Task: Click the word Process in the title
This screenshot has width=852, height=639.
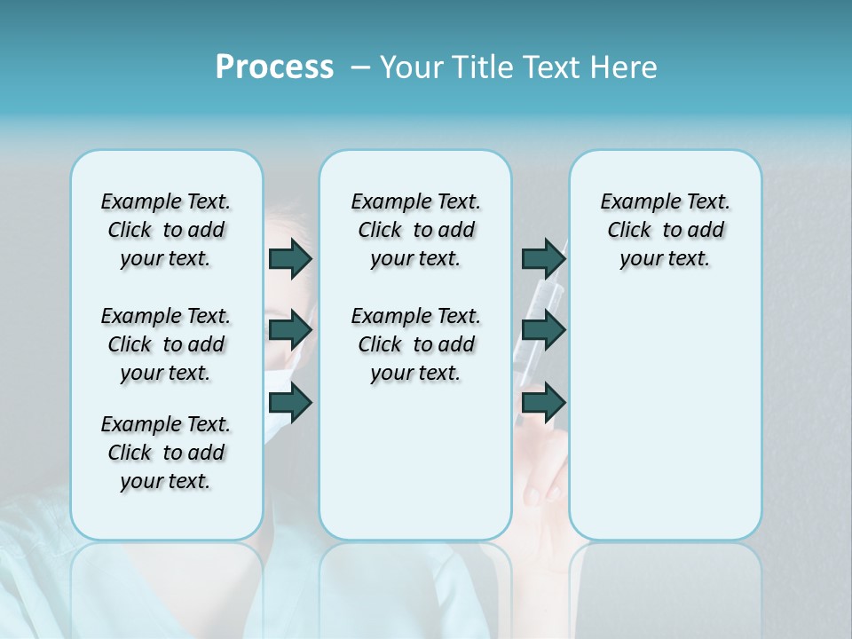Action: pos(274,67)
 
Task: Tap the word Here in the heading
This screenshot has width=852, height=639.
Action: pos(625,67)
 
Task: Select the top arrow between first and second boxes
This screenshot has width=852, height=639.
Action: pos(290,258)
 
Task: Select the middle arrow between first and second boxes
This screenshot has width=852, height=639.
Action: pos(290,330)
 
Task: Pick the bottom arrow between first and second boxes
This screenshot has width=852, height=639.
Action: pos(290,403)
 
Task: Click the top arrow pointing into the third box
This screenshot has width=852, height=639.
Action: pos(543,258)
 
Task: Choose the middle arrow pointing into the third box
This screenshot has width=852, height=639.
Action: pos(543,330)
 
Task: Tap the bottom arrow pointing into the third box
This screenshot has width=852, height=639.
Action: pos(543,403)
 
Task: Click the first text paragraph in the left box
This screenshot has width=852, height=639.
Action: pos(166,230)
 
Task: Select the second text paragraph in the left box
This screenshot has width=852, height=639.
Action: pos(166,344)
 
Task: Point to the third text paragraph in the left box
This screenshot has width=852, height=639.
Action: pos(166,453)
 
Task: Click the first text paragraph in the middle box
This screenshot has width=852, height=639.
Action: pos(415,230)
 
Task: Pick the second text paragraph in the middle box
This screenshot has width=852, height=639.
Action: pos(415,344)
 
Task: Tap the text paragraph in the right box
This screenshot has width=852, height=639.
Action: pos(665,230)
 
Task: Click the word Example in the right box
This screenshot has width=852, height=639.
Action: pos(633,201)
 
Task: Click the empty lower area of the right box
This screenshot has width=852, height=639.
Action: pos(665,426)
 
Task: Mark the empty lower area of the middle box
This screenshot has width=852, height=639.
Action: pos(415,461)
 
